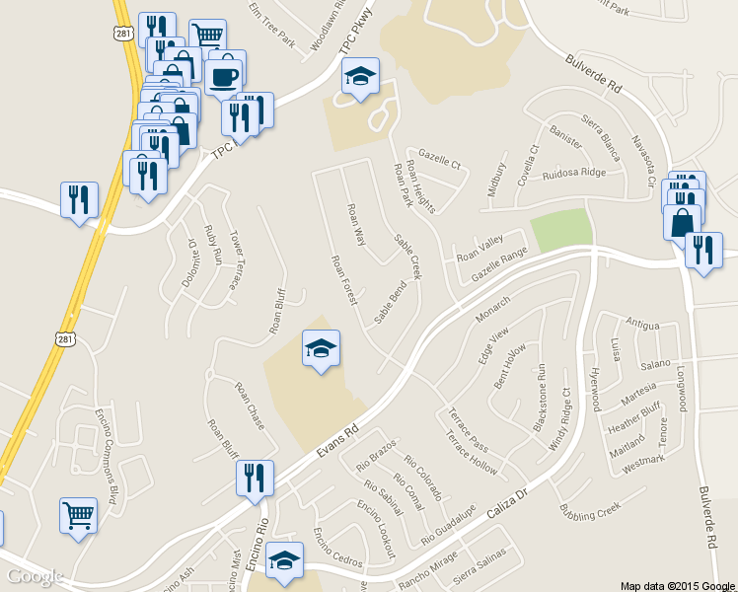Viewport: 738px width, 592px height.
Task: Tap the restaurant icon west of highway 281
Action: click(77, 199)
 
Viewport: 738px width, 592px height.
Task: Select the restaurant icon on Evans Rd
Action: click(255, 479)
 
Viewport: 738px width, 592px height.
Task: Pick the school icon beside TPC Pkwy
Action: click(360, 76)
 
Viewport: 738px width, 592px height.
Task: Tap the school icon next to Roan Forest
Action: click(321, 348)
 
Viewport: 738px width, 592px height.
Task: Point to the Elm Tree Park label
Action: click(271, 24)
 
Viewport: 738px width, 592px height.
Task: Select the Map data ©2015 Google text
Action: click(677, 584)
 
